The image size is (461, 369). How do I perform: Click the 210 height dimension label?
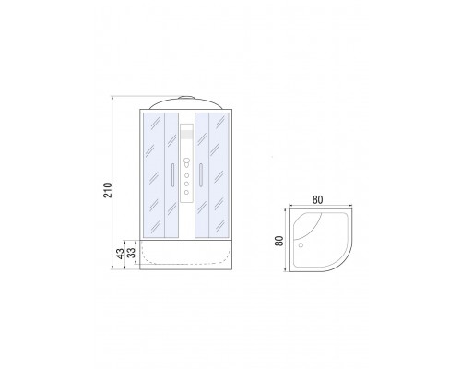coord(108,190)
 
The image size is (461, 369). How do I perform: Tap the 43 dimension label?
coord(120,254)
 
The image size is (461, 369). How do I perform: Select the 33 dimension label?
coord(131,253)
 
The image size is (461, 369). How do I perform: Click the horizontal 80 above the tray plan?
coord(318,200)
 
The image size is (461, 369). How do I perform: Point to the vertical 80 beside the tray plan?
coord(279,241)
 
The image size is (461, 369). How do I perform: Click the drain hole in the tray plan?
coord(301,245)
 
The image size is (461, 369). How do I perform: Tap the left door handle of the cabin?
coord(172,175)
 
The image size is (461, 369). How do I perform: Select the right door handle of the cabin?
coord(201,175)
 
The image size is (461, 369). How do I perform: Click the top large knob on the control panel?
coord(186,161)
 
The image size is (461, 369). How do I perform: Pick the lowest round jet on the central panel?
coord(186,193)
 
